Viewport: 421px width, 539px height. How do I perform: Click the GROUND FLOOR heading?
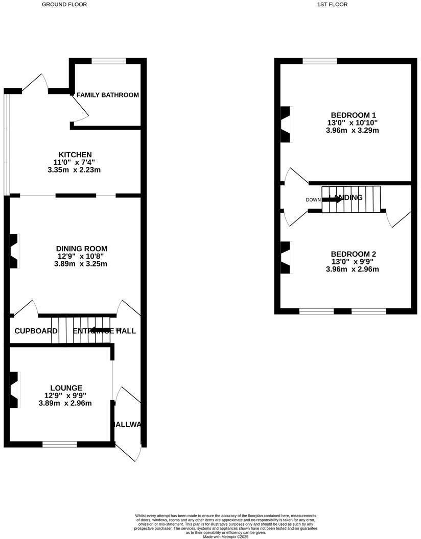point(64,5)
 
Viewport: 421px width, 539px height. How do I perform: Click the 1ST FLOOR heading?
point(332,5)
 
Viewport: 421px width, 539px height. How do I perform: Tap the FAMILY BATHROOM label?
point(107,95)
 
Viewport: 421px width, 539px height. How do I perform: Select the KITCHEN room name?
point(75,155)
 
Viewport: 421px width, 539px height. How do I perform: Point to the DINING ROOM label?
point(82,249)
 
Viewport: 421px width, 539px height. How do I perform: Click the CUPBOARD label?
point(36,331)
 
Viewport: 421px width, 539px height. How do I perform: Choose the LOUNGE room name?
point(66,388)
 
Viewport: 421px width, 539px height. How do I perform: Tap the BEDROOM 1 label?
point(353,115)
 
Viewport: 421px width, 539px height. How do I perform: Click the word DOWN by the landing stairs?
point(313,200)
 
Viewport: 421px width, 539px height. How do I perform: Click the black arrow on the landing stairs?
point(332,200)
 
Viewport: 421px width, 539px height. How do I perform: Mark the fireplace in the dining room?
point(15,251)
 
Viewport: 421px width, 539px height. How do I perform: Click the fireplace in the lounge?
point(15,389)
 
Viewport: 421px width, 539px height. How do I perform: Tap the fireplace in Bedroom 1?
point(286,124)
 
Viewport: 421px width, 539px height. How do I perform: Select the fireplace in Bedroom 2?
point(286,258)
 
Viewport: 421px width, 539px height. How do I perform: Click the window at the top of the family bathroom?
point(109,61)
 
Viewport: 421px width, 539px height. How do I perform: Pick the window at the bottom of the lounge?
point(60,444)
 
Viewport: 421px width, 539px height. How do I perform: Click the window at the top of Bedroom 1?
point(320,61)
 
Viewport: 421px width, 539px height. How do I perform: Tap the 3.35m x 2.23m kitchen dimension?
point(75,170)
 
